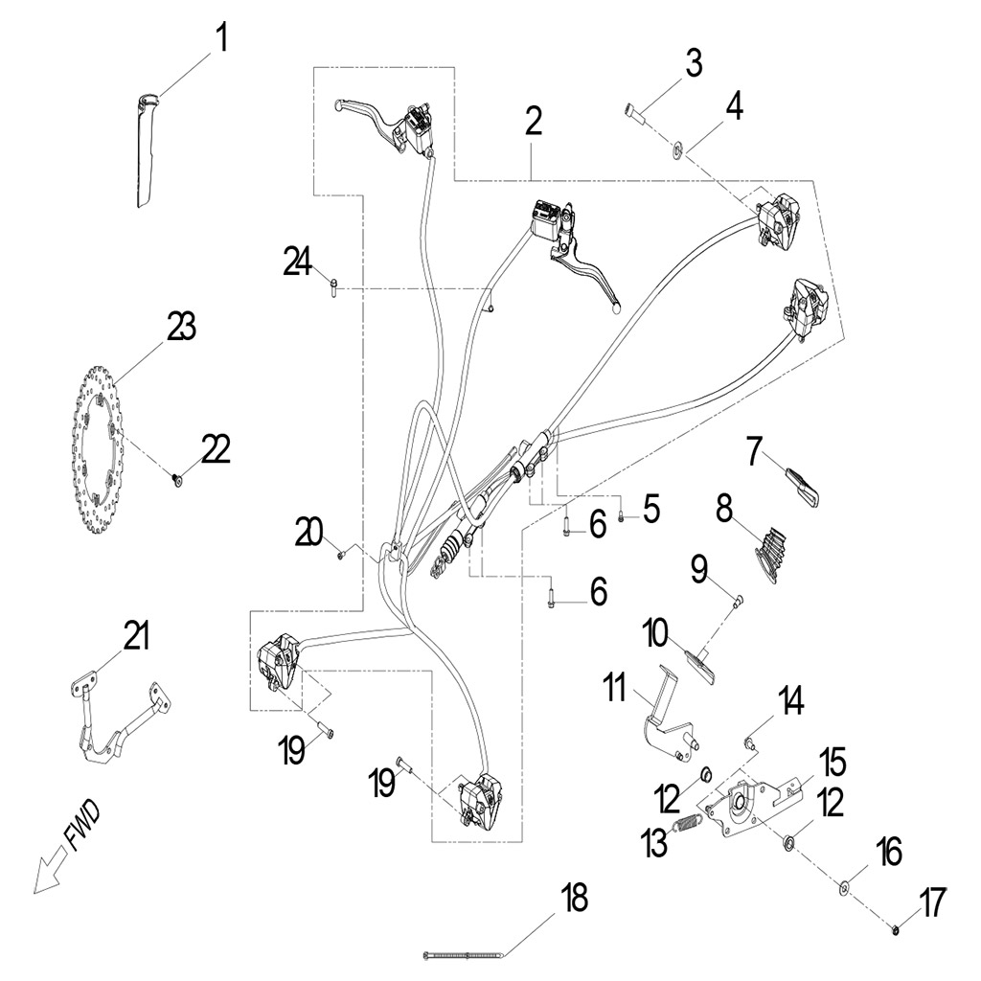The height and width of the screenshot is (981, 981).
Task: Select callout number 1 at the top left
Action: pyautogui.click(x=221, y=40)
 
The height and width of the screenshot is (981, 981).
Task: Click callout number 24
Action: pyautogui.click(x=298, y=261)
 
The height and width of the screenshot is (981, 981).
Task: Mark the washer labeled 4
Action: pyautogui.click(x=678, y=148)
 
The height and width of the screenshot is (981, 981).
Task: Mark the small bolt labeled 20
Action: pyautogui.click(x=341, y=555)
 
